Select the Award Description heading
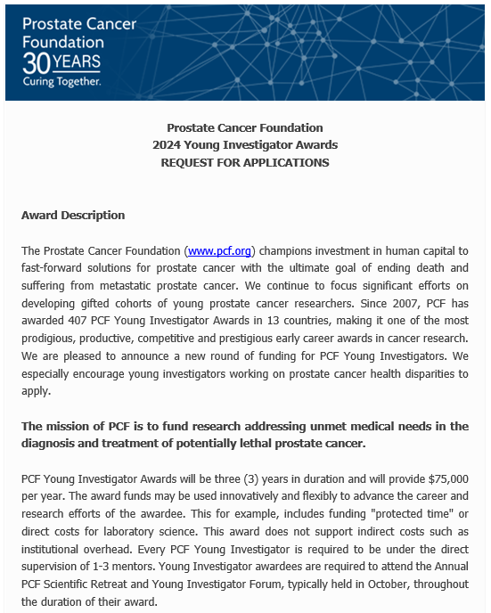(73, 216)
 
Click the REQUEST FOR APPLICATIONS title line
(245, 162)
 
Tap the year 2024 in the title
(167, 145)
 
